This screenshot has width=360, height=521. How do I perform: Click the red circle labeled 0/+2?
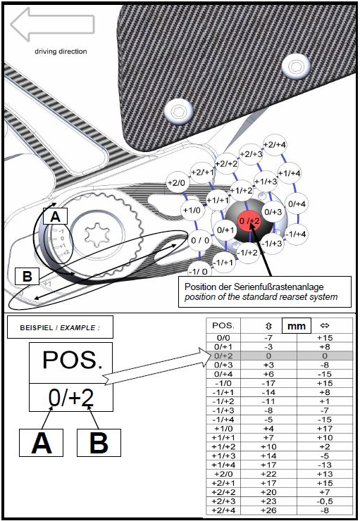[249, 220]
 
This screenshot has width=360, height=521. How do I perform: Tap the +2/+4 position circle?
[274, 145]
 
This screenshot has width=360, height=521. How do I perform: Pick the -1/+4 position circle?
[296, 234]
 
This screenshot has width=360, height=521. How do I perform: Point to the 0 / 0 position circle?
[200, 240]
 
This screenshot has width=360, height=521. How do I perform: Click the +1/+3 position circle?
[266, 182]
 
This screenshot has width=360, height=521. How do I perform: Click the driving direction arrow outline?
[53, 24]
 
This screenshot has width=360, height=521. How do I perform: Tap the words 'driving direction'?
[61, 51]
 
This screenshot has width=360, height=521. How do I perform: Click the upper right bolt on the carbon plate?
[295, 66]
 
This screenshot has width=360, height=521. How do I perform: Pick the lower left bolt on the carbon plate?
[179, 111]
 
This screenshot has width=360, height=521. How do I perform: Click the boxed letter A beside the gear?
[55, 217]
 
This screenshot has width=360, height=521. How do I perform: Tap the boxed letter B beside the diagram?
[27, 276]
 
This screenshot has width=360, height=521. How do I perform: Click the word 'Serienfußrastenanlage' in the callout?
[278, 287]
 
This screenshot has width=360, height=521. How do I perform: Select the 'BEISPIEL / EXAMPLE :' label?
[60, 327]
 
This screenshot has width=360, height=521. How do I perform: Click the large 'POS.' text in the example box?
[73, 360]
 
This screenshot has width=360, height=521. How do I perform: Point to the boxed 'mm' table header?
[297, 326]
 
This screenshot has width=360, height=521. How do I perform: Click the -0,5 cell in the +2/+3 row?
[325, 501]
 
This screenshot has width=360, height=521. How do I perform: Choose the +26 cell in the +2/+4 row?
[268, 510]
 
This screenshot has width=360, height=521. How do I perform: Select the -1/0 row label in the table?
[223, 383]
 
